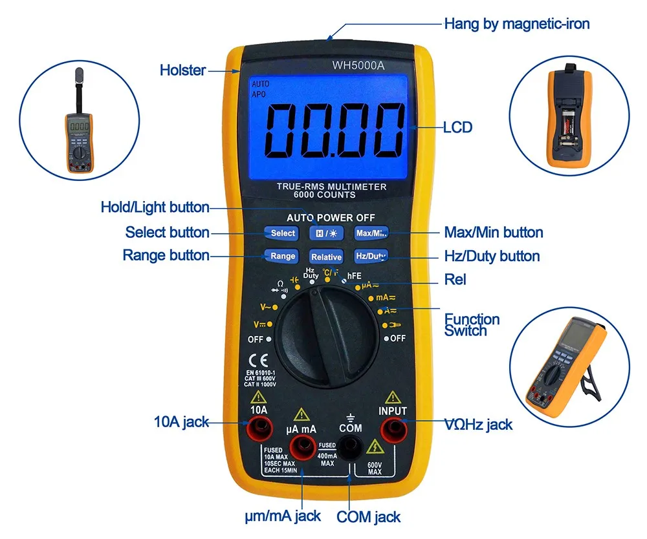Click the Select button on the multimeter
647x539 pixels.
[x=282, y=233]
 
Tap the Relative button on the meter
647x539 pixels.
[x=326, y=257]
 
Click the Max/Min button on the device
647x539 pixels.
[x=370, y=233]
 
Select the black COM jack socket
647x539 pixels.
[x=350, y=445]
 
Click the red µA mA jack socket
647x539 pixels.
[x=301, y=446]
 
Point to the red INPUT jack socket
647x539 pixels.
[x=392, y=428]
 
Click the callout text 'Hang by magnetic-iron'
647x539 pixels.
[x=516, y=24]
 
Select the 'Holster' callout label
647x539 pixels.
[x=182, y=70]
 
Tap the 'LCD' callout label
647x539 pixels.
[x=457, y=127]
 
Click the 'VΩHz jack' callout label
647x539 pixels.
[x=478, y=424]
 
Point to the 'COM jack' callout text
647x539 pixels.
[x=368, y=517]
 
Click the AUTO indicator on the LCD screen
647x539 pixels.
[x=260, y=84]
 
